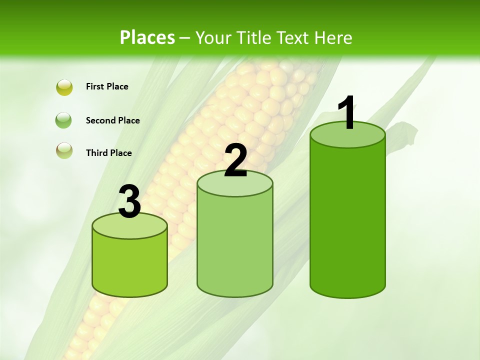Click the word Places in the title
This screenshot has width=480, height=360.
[x=147, y=37]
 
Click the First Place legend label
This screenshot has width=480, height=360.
[x=107, y=86]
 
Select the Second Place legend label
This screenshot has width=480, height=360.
[x=112, y=120]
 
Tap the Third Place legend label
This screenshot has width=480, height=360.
[x=108, y=153]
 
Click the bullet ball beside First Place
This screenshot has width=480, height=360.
[x=64, y=87]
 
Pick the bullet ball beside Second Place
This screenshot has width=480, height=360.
[x=64, y=120]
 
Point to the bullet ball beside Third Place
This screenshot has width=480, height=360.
[x=64, y=150]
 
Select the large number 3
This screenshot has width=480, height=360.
[x=130, y=201]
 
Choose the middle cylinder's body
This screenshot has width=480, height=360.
[x=235, y=245]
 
